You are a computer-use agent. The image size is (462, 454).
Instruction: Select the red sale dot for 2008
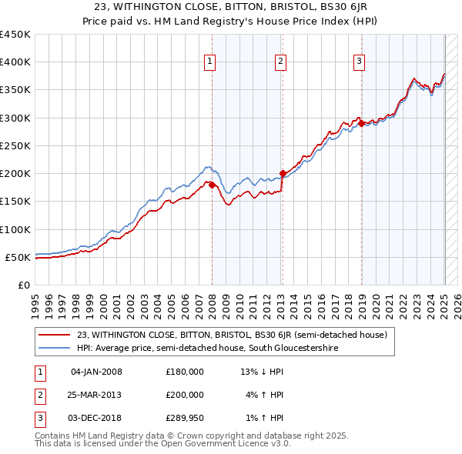point(213,185)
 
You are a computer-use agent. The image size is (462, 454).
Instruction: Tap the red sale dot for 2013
point(283,173)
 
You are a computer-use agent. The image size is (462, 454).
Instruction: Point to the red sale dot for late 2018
point(361,123)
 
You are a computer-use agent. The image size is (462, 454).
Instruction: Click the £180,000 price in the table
point(185,372)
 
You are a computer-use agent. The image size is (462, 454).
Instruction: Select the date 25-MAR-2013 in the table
point(96,395)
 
